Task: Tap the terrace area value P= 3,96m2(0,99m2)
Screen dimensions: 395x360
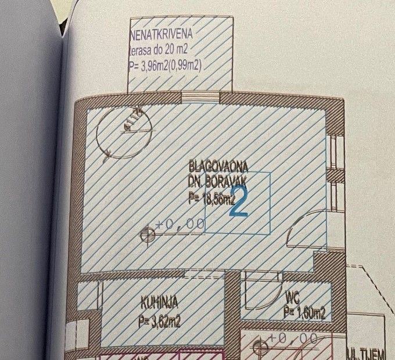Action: [166, 66]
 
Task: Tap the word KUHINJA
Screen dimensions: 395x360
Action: [159, 302]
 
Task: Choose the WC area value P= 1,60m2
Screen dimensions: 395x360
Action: [304, 314]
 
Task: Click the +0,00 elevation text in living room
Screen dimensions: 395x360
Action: [179, 224]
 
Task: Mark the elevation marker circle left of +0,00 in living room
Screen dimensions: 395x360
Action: [148, 234]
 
